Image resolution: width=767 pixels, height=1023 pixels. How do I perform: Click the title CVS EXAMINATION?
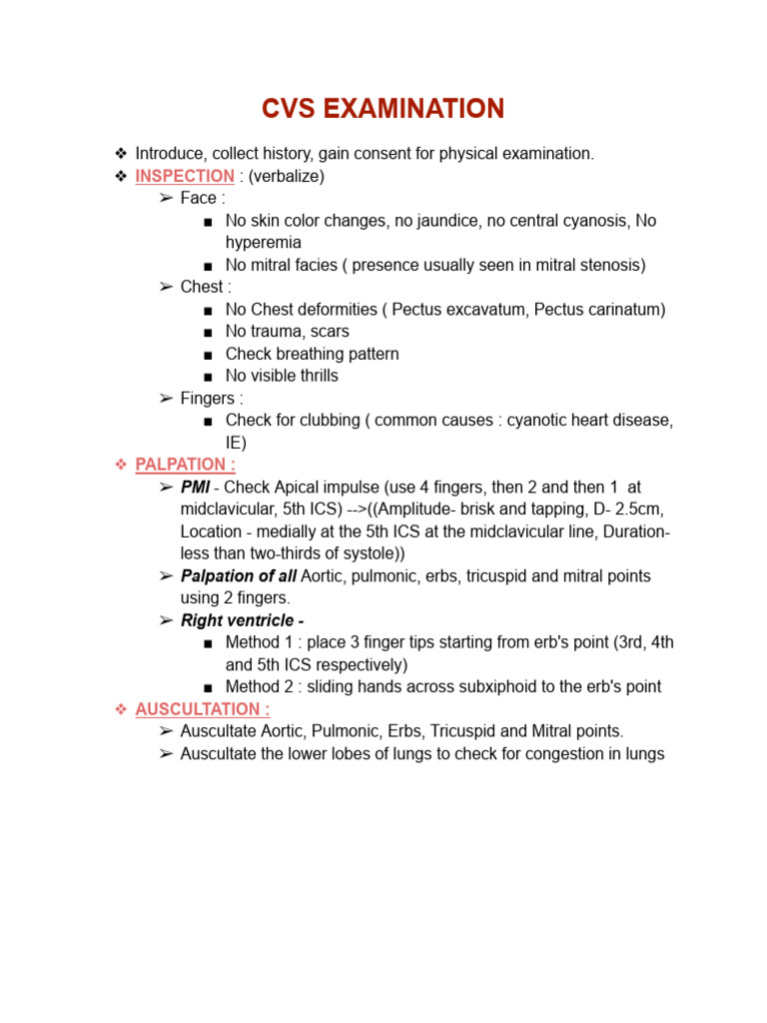pyautogui.click(x=383, y=108)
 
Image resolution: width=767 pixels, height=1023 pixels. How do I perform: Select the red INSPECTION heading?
pyautogui.click(x=185, y=176)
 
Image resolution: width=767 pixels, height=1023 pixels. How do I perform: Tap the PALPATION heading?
pyautogui.click(x=185, y=465)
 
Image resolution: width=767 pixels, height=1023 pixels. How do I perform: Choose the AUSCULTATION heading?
pyautogui.click(x=202, y=709)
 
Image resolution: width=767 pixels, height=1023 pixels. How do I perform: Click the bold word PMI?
pyautogui.click(x=195, y=487)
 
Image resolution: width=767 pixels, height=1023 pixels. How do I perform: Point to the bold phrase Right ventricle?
pyautogui.click(x=242, y=620)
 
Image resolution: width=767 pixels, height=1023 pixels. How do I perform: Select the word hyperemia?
pyautogui.click(x=263, y=243)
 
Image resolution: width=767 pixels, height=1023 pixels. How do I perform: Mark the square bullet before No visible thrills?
pyautogui.click(x=207, y=377)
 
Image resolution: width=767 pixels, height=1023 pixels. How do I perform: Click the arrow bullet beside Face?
pyautogui.click(x=166, y=199)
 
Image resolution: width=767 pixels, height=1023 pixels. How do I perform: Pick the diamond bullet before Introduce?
pyautogui.click(x=121, y=154)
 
